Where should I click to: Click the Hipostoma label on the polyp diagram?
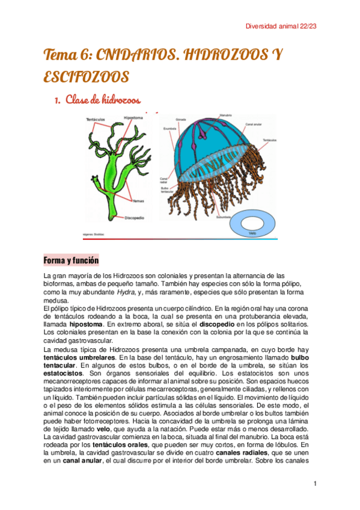pos(133,118)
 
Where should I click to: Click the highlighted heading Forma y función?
pos(71,260)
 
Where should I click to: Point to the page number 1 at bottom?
pos(315,484)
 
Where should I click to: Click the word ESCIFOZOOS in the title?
pos(86,77)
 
